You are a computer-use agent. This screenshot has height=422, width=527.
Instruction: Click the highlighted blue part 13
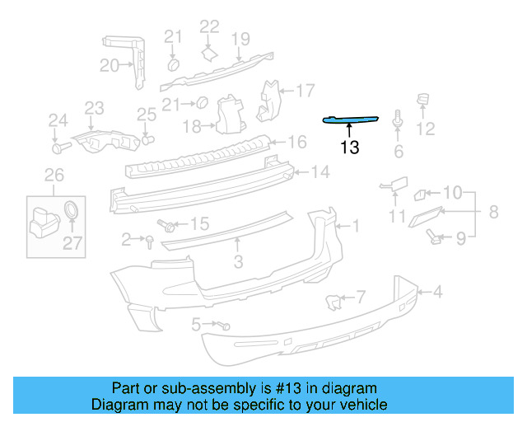click(x=351, y=120)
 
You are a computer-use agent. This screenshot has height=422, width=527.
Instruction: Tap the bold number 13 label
click(x=349, y=148)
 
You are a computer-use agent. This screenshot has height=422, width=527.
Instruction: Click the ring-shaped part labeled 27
click(x=72, y=209)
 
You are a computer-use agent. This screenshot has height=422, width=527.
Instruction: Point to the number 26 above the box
click(x=54, y=174)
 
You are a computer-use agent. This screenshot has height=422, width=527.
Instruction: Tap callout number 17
click(x=305, y=90)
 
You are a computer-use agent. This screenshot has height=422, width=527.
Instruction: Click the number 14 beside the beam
click(x=320, y=172)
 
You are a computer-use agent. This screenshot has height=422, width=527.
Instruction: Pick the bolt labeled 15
click(x=167, y=224)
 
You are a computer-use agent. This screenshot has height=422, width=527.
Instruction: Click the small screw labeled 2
click(x=150, y=240)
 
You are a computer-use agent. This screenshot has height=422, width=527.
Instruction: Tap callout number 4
click(x=438, y=291)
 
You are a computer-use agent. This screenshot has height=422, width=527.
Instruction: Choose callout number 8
click(x=493, y=212)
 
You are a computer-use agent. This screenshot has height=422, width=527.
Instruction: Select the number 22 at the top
click(x=210, y=27)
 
